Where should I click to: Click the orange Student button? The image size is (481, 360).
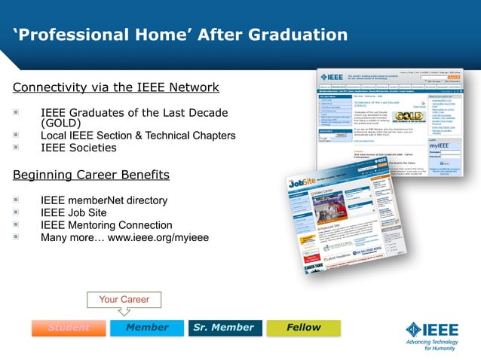69,328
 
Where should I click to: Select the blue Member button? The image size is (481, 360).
147,328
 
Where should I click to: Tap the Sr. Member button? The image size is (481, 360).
224,328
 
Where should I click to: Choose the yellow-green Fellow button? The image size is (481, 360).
303,328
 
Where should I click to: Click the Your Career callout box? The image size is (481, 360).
124,300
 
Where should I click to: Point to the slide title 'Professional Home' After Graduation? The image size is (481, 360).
181,35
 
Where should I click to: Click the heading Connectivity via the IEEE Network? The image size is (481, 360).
116,87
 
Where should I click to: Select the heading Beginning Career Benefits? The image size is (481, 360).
91,175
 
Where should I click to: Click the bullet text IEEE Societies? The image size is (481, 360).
78,148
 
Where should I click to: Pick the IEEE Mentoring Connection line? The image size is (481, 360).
106,225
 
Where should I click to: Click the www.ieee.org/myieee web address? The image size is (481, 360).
158,237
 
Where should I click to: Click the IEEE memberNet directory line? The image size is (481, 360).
104,200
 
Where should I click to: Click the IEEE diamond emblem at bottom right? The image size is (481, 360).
417,330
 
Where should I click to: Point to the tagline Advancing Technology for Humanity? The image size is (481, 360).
438,344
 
